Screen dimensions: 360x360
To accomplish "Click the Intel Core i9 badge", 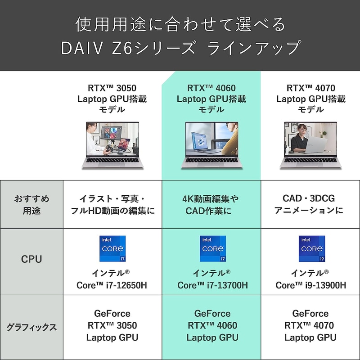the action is [312, 249].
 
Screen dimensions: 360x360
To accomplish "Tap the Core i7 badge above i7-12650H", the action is [112, 249].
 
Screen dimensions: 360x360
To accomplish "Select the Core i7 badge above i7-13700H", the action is [213, 249].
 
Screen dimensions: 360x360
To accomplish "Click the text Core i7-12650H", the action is [112, 285].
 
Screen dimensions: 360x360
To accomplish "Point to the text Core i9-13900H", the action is [310, 285].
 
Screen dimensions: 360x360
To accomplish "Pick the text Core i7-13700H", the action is [212, 285].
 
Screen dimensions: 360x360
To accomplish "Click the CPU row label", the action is [31, 259].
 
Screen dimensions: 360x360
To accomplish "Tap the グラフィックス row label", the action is [31, 327].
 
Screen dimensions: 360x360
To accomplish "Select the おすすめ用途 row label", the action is [31, 205].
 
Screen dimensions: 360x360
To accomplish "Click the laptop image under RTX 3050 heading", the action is [112, 145].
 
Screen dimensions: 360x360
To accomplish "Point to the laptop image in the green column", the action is [211, 145].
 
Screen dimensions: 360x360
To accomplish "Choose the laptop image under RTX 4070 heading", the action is [310, 145].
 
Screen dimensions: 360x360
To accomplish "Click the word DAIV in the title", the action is [82, 48].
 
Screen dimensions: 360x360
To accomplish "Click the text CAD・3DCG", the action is [309, 198].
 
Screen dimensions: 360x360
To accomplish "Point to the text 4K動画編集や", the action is [211, 199].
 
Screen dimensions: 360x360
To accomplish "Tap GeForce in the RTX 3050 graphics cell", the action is [112, 313].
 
